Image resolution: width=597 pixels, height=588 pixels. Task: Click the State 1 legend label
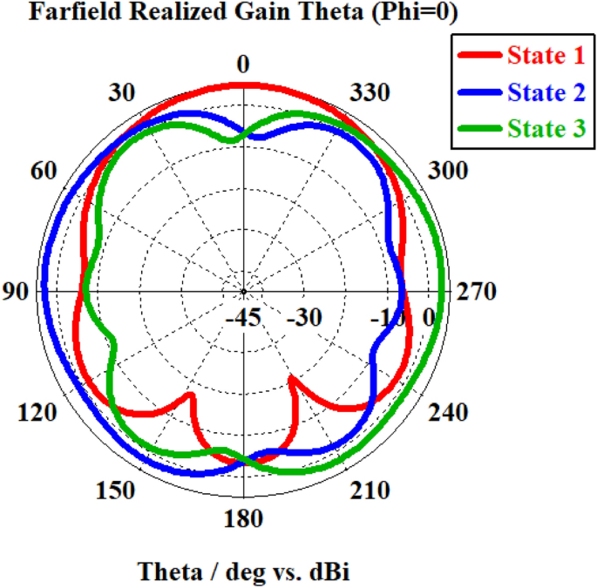(546, 57)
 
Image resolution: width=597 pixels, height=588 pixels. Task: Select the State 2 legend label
(546, 92)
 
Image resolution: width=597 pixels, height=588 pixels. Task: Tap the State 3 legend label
(546, 129)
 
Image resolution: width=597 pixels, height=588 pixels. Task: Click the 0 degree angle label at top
(243, 65)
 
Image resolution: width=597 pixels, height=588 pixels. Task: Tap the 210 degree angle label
(369, 491)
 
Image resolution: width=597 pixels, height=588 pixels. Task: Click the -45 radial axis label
(245, 318)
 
